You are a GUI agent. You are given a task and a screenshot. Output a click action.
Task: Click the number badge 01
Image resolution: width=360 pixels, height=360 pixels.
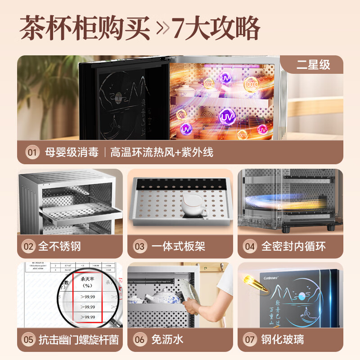(31, 152)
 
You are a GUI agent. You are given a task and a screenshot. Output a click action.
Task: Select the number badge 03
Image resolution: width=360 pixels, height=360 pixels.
(139, 246)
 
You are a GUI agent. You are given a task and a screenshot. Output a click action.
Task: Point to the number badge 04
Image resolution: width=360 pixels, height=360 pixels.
(250, 246)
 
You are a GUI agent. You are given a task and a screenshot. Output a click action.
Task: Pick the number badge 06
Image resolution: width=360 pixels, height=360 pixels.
(139, 340)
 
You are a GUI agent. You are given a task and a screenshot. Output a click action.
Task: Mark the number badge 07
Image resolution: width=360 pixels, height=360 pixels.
(250, 340)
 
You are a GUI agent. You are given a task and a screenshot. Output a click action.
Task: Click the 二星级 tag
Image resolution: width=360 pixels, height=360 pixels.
(313, 64)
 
